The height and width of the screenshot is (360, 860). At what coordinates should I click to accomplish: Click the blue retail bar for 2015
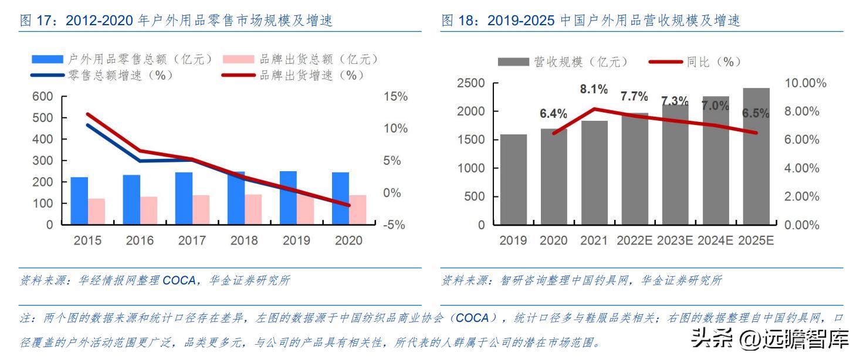click(x=79, y=201)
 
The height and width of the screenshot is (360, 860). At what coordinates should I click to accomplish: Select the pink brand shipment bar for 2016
click(x=149, y=210)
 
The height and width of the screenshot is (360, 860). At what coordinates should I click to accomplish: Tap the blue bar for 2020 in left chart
click(x=340, y=198)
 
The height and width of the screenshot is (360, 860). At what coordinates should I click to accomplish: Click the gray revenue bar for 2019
click(x=513, y=179)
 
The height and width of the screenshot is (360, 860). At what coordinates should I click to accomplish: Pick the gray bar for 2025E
click(x=756, y=157)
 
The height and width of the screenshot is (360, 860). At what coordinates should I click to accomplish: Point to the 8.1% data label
click(x=593, y=90)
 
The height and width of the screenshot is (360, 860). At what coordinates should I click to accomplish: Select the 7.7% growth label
click(x=634, y=96)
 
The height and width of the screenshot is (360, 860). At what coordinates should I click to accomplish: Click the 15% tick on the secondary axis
click(x=394, y=97)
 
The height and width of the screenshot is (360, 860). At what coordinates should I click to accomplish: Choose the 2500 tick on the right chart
click(x=470, y=83)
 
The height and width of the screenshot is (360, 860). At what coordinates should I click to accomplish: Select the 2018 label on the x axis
click(x=244, y=240)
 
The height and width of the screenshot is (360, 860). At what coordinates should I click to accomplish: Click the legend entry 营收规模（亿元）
click(x=563, y=62)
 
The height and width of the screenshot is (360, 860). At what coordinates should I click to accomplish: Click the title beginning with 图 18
click(x=590, y=21)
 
